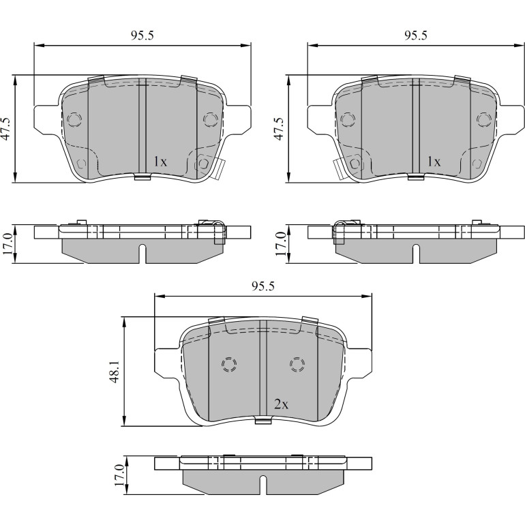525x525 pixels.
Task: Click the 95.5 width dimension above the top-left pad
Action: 142,35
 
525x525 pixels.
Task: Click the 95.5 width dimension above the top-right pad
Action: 416,35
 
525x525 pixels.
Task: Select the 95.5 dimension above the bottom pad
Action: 262,286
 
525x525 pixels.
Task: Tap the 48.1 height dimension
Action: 115,372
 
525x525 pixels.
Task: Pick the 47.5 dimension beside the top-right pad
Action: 280,129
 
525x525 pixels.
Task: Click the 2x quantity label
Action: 281,405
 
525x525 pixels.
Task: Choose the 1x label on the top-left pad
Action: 160,162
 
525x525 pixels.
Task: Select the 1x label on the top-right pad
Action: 434,162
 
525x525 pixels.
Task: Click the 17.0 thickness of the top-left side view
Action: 8,244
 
